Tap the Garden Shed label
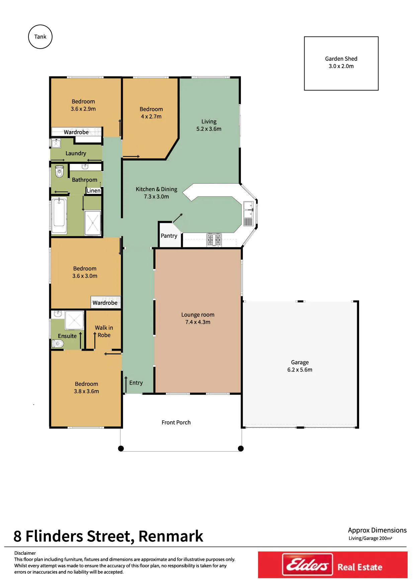[x=341, y=59]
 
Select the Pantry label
[x=169, y=236]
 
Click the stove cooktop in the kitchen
[x=214, y=240]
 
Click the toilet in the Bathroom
[x=60, y=171]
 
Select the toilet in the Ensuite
[x=58, y=344]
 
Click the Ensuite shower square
[x=74, y=320]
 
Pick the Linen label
[x=93, y=190]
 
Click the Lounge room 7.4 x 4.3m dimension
[x=198, y=322]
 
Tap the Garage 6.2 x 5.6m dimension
[x=300, y=370]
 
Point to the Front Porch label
[x=176, y=422]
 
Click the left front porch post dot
[x=121, y=449]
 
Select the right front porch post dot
[x=241, y=449]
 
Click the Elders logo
[x=308, y=565]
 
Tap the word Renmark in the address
[x=171, y=536]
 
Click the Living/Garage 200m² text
[x=370, y=538]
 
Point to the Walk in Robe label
[x=104, y=331]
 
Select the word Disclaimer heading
[x=25, y=553]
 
